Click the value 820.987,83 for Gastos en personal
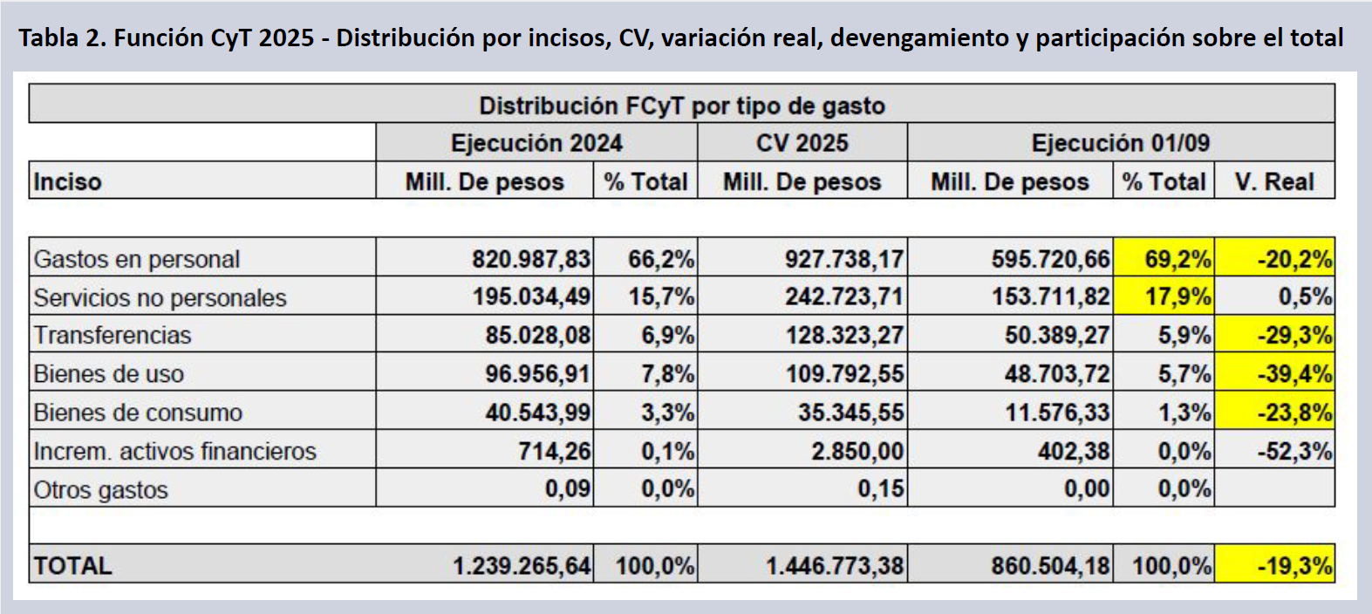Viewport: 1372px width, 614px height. pyautogui.click(x=530, y=259)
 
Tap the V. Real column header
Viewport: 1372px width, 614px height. pyautogui.click(x=1274, y=181)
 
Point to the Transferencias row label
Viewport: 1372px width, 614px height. pyautogui.click(x=113, y=335)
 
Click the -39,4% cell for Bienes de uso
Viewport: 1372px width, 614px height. pyautogui.click(x=1294, y=374)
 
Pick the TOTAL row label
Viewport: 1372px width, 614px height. pyautogui.click(x=73, y=566)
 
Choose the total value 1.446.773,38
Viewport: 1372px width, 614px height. pyautogui.click(x=834, y=566)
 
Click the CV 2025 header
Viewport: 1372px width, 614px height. pyautogui.click(x=802, y=143)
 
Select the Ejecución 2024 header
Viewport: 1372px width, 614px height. pyautogui.click(x=536, y=143)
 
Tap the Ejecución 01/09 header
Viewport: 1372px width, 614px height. pyautogui.click(x=1120, y=143)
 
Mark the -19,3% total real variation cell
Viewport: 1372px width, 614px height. pyautogui.click(x=1294, y=566)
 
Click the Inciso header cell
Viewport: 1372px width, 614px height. pyautogui.click(x=68, y=181)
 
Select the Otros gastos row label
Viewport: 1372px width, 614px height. pyautogui.click(x=101, y=489)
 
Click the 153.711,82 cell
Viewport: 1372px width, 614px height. pyautogui.click(x=1050, y=297)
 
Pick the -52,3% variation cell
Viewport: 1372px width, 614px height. pyautogui.click(x=1294, y=451)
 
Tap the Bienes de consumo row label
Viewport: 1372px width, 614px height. pyautogui.click(x=138, y=413)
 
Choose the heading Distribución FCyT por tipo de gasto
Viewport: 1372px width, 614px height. pyautogui.click(x=682, y=106)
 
